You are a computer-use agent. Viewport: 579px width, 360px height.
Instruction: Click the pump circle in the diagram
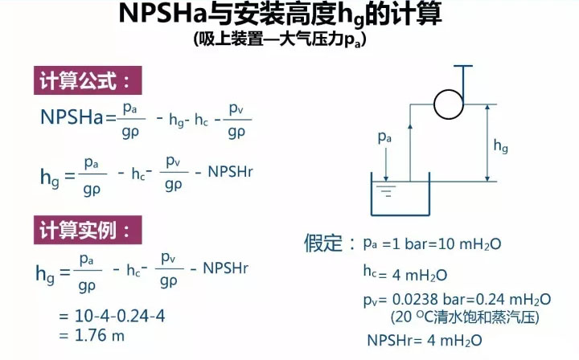point(448,104)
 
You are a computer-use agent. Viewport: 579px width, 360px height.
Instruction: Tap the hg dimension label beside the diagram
point(501,146)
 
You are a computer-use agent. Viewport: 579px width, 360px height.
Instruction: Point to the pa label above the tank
point(384,137)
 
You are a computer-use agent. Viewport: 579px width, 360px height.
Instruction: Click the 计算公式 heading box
point(88,80)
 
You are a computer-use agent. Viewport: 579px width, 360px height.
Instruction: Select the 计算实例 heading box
point(88,230)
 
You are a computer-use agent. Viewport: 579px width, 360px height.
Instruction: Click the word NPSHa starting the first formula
point(72,117)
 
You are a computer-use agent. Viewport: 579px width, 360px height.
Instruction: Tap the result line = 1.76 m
point(92,336)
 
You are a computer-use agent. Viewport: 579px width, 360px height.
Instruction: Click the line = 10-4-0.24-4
point(113,316)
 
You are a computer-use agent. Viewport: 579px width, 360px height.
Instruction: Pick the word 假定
point(323,243)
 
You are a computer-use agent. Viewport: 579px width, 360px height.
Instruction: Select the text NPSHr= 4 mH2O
point(425,340)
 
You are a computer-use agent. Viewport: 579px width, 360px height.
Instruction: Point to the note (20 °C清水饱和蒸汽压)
point(465,317)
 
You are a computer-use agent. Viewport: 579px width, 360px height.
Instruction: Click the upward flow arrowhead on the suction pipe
point(410,126)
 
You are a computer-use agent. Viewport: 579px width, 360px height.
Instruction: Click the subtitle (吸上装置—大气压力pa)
point(280,39)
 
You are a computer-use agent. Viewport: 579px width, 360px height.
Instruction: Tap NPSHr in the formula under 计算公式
point(231,172)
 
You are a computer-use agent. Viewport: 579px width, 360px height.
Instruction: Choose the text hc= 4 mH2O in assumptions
point(405,274)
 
